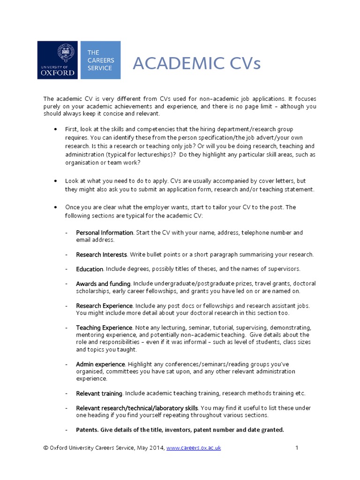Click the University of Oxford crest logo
click(x=60, y=60)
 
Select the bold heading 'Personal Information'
click(x=105, y=232)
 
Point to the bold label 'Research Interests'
click(x=101, y=255)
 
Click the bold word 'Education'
click(x=90, y=269)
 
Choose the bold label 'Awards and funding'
click(x=103, y=284)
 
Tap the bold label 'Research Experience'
click(x=105, y=306)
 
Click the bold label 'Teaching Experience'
click(x=104, y=328)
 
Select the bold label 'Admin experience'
click(x=100, y=364)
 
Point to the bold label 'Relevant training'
click(x=99, y=393)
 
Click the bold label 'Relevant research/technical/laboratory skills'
click(x=137, y=408)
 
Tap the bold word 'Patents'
click(x=87, y=429)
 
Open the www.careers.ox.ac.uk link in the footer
click(x=194, y=448)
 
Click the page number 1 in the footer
click(x=297, y=448)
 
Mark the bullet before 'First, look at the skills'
click(x=56, y=129)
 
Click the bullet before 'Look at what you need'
click(x=56, y=181)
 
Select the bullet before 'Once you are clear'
click(x=56, y=207)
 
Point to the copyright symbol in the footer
click(x=45, y=448)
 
